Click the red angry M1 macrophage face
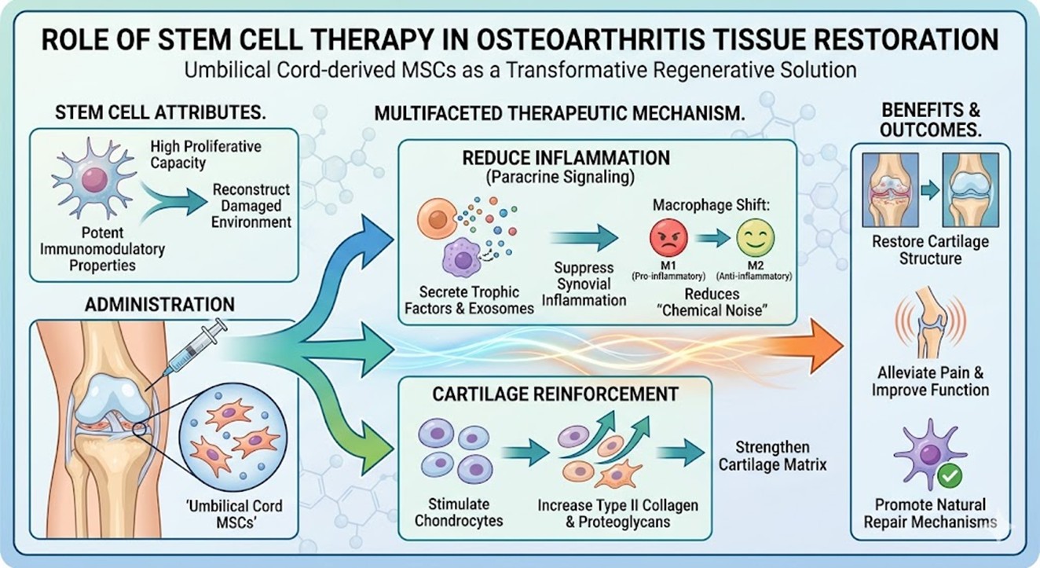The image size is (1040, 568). tap(669, 236)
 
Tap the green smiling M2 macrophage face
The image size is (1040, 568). tap(755, 236)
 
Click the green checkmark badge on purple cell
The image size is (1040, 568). tap(951, 475)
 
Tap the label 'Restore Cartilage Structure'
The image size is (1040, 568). tap(930, 251)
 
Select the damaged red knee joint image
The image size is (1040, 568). tap(892, 189)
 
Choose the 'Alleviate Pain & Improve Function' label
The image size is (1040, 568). tap(930, 381)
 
